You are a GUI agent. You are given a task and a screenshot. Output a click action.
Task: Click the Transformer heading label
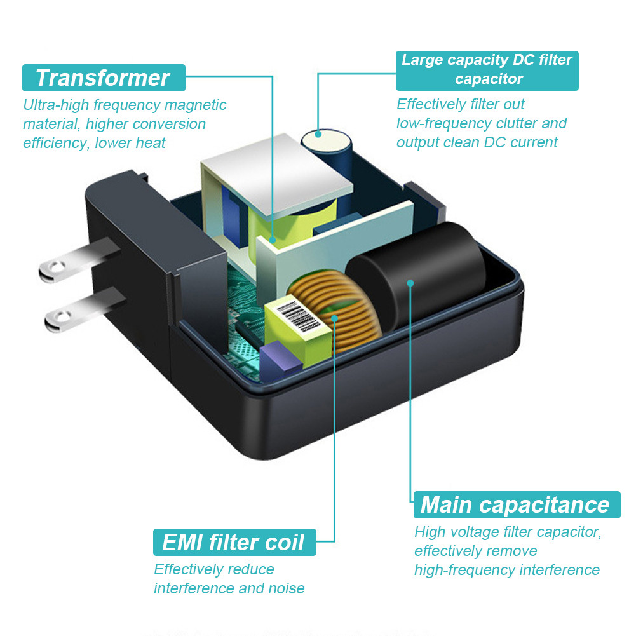point(103,78)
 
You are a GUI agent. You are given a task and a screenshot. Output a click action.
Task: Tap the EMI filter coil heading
point(234,542)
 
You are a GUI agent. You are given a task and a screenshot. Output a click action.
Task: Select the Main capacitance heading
point(515,504)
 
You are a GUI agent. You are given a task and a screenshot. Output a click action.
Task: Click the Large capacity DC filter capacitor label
point(487,70)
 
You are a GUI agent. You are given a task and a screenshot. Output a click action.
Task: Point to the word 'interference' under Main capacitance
point(559,570)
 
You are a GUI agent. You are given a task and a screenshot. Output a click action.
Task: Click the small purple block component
point(278,358)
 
